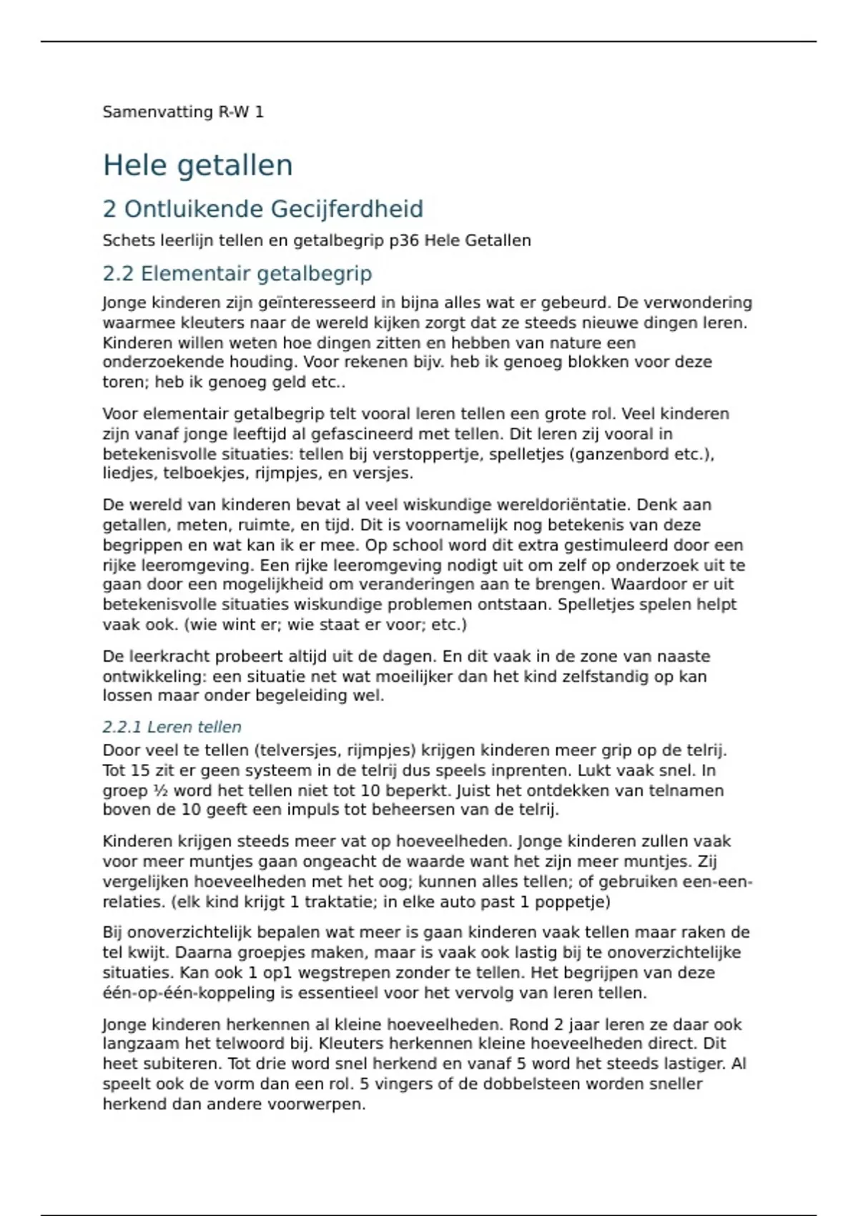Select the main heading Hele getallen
(x=198, y=165)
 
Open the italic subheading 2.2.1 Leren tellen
(x=172, y=727)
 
